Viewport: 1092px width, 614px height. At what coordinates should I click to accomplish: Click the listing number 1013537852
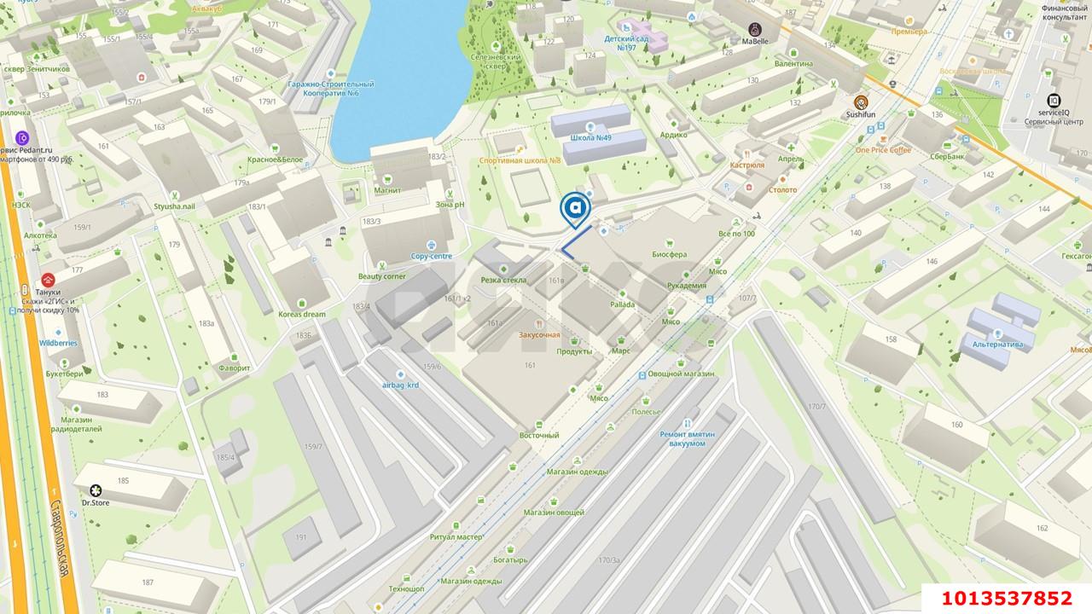pyautogui.click(x=1006, y=598)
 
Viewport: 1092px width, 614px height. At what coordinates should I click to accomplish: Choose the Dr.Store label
pyautogui.click(x=96, y=502)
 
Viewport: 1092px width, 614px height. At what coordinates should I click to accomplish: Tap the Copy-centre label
pyautogui.click(x=432, y=255)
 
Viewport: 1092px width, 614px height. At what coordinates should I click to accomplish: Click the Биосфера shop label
pyautogui.click(x=669, y=254)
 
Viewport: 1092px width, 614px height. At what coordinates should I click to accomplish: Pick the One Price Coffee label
pyautogui.click(x=883, y=149)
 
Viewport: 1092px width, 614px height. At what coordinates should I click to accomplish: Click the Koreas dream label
pyautogui.click(x=302, y=314)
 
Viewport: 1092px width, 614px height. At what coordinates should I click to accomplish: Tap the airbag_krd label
pyautogui.click(x=399, y=385)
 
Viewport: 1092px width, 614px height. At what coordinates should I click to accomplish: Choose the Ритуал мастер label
pyautogui.click(x=456, y=537)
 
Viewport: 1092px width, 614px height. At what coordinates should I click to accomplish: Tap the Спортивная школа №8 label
pyautogui.click(x=520, y=160)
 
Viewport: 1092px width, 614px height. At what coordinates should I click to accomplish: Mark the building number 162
pyautogui.click(x=1042, y=528)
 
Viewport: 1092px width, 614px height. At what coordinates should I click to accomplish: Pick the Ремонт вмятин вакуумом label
pyautogui.click(x=688, y=438)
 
